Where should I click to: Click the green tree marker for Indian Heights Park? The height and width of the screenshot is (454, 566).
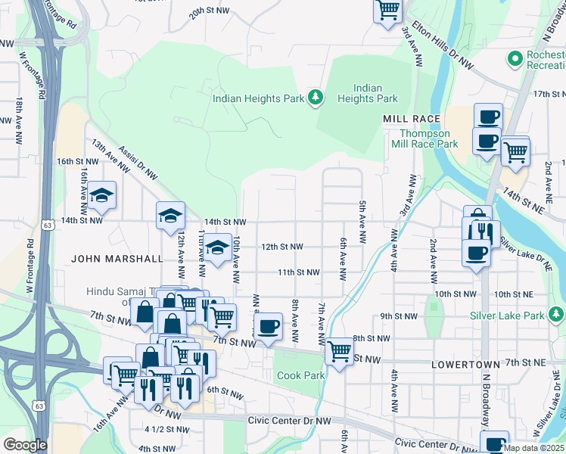coord(316,98)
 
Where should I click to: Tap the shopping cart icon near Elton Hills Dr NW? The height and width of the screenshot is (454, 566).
coord(387,11)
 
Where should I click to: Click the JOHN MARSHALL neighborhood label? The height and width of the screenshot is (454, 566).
coord(117,258)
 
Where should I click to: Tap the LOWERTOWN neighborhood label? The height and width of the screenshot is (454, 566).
coord(465,364)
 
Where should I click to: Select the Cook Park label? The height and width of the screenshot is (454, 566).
coord(301,375)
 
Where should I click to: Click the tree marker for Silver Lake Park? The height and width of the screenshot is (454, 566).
coord(556,313)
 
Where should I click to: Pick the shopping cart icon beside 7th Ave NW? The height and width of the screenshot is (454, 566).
coord(340,350)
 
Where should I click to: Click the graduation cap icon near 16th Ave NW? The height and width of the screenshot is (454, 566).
coord(101,196)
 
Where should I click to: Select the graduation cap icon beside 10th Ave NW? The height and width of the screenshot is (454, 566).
coord(217,247)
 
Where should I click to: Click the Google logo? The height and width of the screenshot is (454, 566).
coord(25,445)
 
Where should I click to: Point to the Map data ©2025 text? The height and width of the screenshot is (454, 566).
coord(533,448)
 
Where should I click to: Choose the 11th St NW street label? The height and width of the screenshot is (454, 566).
coord(297,272)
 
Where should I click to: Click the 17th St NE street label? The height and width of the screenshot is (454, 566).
coord(550,94)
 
